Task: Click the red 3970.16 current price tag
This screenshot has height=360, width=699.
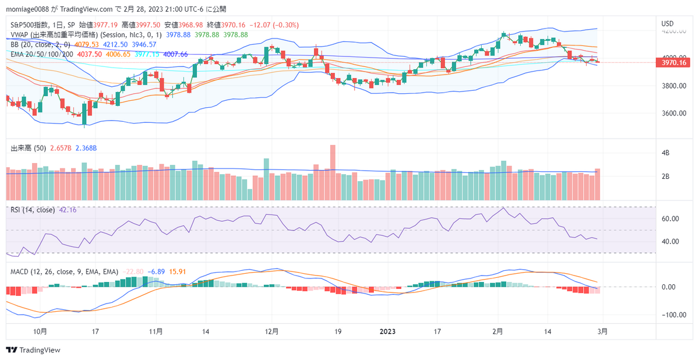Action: pyautogui.click(x=675, y=62)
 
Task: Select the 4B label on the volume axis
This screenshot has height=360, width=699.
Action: pyautogui.click(x=665, y=153)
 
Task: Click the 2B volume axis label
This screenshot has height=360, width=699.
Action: pyautogui.click(x=665, y=177)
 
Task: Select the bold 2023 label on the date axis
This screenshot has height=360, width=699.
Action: pyautogui.click(x=388, y=331)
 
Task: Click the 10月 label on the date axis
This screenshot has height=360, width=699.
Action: pyautogui.click(x=40, y=331)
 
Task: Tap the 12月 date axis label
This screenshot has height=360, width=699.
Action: pyautogui.click(x=271, y=331)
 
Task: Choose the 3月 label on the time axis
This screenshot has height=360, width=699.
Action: pyautogui.click(x=603, y=331)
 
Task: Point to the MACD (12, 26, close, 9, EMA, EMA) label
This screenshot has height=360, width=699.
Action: pyautogui.click(x=64, y=271)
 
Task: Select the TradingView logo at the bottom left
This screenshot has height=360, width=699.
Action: pyautogui.click(x=33, y=350)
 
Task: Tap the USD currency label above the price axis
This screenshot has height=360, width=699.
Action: pyautogui.click(x=668, y=24)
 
